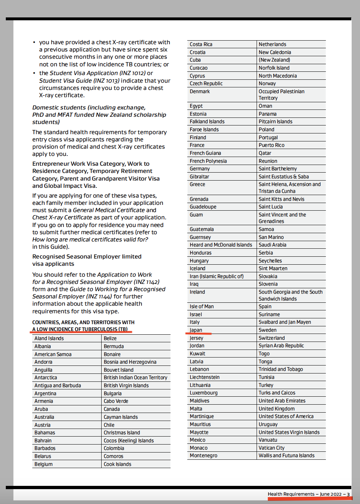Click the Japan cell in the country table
click(x=196, y=330)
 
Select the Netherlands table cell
click(x=272, y=44)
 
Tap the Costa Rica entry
click(x=201, y=44)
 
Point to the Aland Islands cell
click(x=49, y=338)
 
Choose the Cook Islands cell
click(x=118, y=464)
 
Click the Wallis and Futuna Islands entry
click(x=286, y=455)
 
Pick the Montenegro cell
click(x=203, y=455)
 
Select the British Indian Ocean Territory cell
click(x=135, y=377)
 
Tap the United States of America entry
click(x=286, y=416)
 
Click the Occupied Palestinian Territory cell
click(x=281, y=95)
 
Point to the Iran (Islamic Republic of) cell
click(x=217, y=276)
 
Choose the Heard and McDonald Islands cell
click(x=221, y=245)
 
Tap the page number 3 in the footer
click(x=348, y=494)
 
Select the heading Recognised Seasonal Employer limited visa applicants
click(x=87, y=260)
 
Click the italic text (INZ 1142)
click(x=147, y=282)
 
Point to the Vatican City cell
click(x=271, y=448)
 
